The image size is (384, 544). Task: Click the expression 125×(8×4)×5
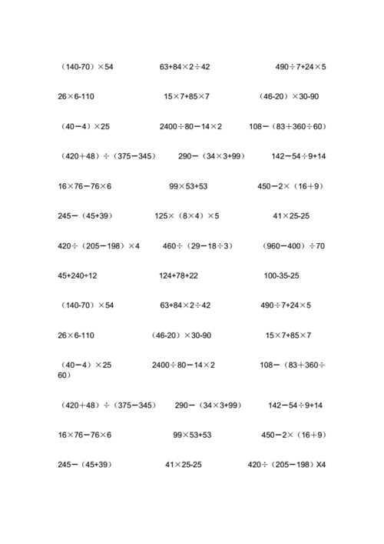point(187,216)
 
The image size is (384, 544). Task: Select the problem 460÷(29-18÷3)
point(197,246)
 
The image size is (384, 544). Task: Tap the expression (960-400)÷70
point(293,246)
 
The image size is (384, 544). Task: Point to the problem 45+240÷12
point(78,275)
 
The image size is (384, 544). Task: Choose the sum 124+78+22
point(178,275)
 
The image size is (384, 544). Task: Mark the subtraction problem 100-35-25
point(281,275)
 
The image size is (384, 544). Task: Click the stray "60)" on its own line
point(65,375)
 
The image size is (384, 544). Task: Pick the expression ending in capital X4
point(286,465)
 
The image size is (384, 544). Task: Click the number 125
point(161,216)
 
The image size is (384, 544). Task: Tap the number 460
point(170,246)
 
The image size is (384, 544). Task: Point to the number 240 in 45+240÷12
point(80,275)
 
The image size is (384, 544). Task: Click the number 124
point(166,275)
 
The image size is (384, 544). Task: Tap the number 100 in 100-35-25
point(270,275)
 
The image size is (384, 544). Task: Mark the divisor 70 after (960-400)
point(320,246)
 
